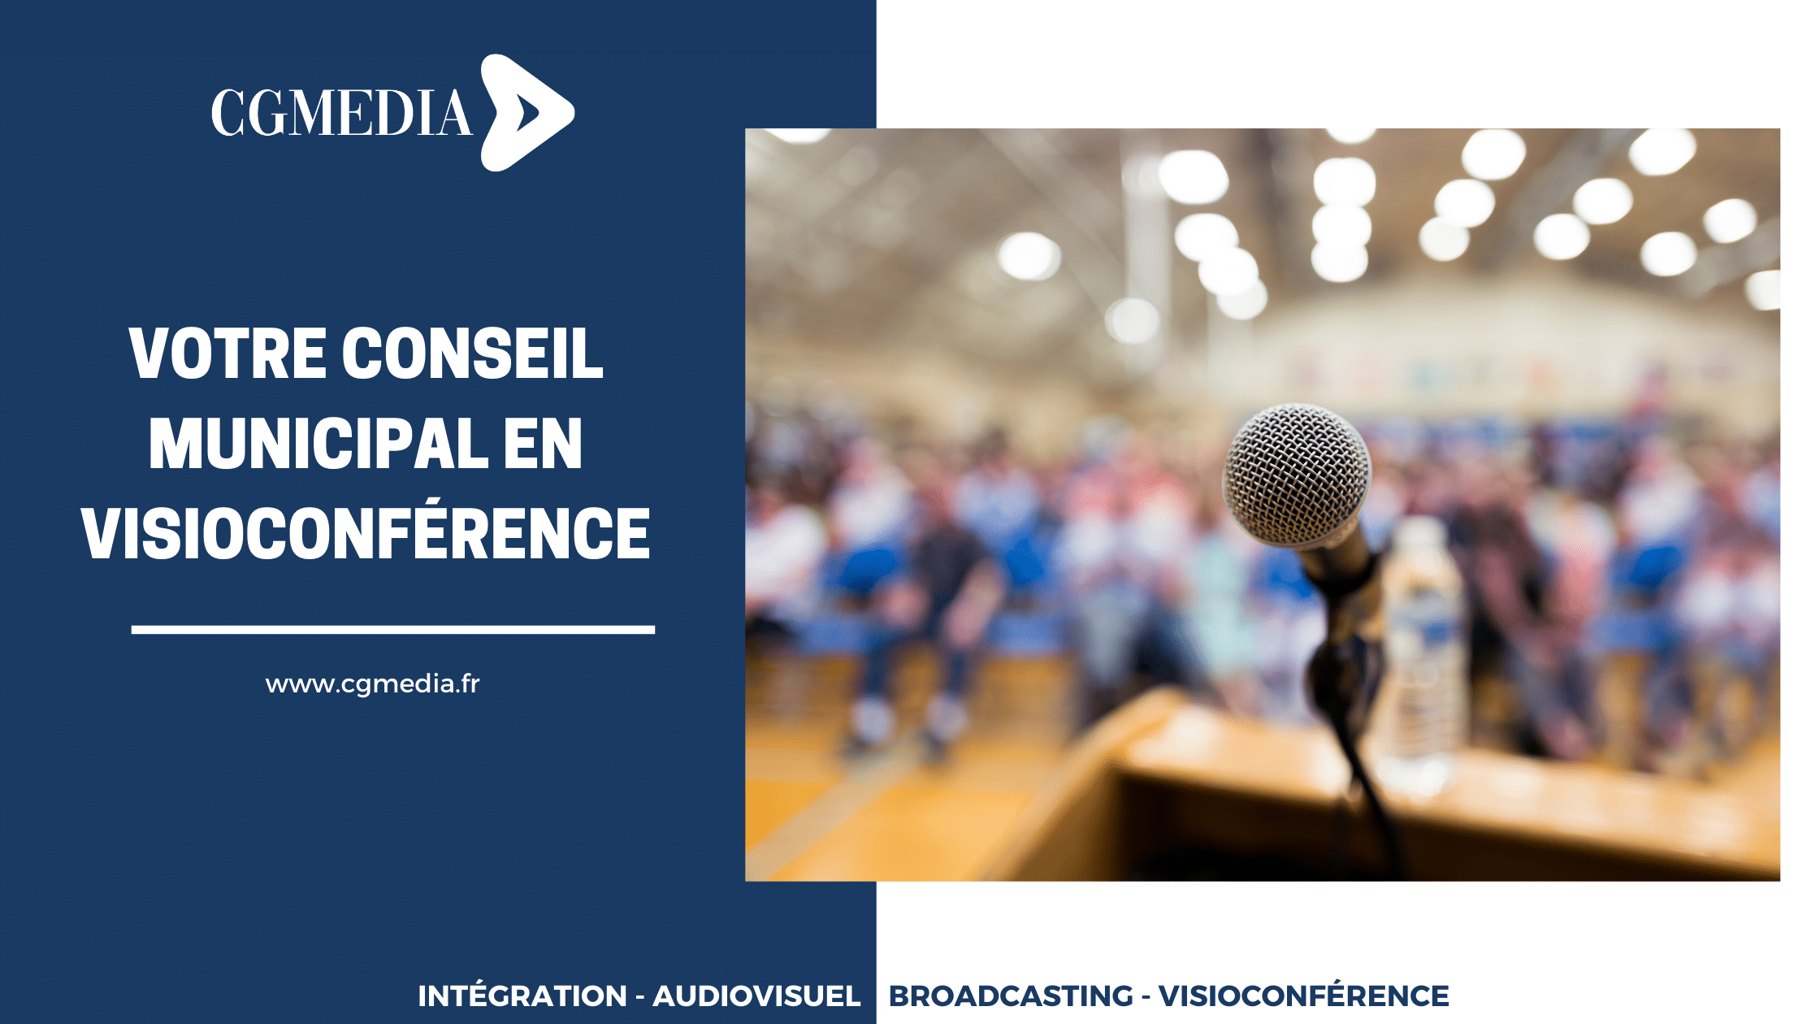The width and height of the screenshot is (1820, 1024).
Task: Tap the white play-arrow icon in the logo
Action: (526, 112)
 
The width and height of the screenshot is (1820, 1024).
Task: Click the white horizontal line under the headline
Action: (393, 630)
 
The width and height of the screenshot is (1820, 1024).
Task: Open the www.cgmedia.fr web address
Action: (373, 684)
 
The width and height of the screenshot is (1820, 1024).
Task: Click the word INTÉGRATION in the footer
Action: (522, 996)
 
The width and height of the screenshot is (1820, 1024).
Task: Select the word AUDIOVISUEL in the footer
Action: (756, 996)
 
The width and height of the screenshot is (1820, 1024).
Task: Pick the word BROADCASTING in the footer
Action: (1011, 996)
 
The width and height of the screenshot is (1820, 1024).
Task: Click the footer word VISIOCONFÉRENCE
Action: (1304, 996)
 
